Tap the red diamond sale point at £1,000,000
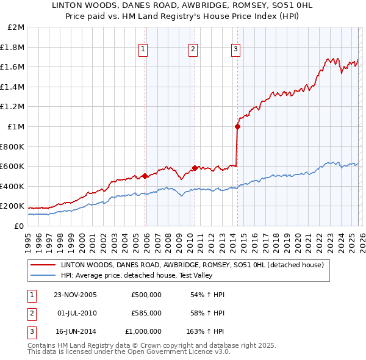pos(237,127)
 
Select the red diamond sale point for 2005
pos(145,176)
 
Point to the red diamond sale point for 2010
pos(195,168)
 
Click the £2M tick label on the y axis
pos(16,27)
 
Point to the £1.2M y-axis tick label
pos(13,107)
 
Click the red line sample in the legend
pos(44,265)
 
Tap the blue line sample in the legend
pos(44,275)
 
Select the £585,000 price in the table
pos(146,313)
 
